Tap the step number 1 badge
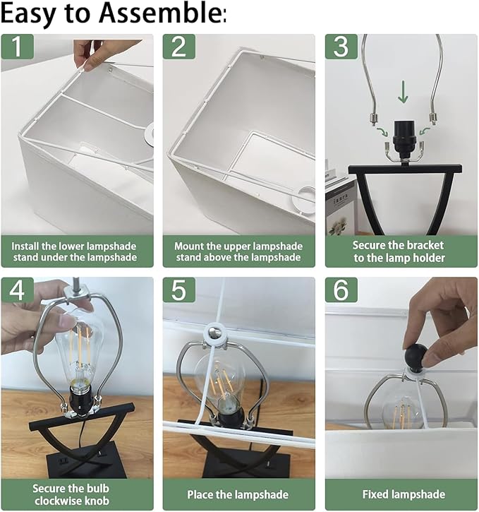pyautogui.click(x=17, y=47)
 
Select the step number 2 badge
pyautogui.click(x=179, y=47)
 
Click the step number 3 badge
pyautogui.click(x=341, y=47)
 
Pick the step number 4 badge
pyautogui.click(x=17, y=290)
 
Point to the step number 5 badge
pyautogui.click(x=179, y=290)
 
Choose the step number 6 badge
pyautogui.click(x=341, y=290)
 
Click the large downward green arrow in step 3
pyautogui.click(x=403, y=93)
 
